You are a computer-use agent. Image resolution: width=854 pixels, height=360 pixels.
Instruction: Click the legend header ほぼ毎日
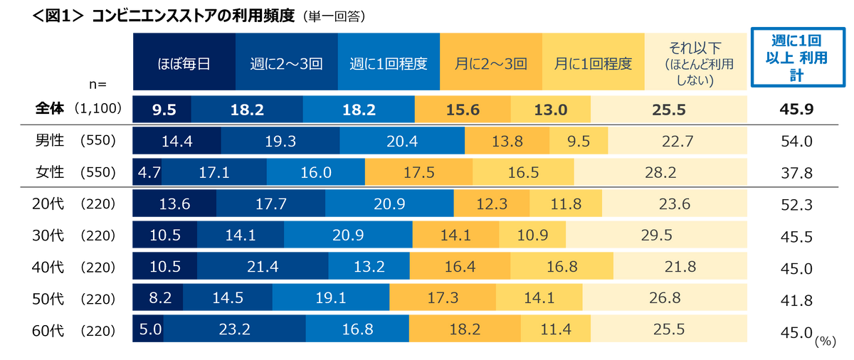184,63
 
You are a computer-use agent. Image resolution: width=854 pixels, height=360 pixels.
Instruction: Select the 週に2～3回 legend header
286,63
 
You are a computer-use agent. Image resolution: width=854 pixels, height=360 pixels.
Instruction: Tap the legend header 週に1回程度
389,63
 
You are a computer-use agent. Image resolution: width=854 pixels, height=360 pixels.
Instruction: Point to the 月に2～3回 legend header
491,63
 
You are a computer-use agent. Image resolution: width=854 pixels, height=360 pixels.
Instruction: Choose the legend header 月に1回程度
594,63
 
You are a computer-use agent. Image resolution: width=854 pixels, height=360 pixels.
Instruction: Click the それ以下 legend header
695,63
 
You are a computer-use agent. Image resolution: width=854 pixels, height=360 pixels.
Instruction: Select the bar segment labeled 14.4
176,142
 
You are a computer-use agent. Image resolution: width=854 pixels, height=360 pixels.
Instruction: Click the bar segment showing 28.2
661,172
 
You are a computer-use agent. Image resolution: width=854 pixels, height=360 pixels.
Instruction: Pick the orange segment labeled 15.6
463,110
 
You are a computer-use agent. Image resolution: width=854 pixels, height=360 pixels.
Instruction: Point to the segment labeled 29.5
658,235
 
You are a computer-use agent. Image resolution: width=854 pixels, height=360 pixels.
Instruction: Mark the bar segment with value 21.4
263,267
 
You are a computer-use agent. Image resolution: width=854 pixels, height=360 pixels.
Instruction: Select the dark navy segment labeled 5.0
152,329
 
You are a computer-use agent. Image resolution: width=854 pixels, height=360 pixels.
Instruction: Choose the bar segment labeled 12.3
492,204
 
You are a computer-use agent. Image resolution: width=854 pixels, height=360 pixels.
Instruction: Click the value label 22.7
678,142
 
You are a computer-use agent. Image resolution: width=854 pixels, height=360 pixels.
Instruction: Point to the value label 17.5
418,172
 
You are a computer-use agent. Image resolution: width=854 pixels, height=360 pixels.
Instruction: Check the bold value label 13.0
550,110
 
